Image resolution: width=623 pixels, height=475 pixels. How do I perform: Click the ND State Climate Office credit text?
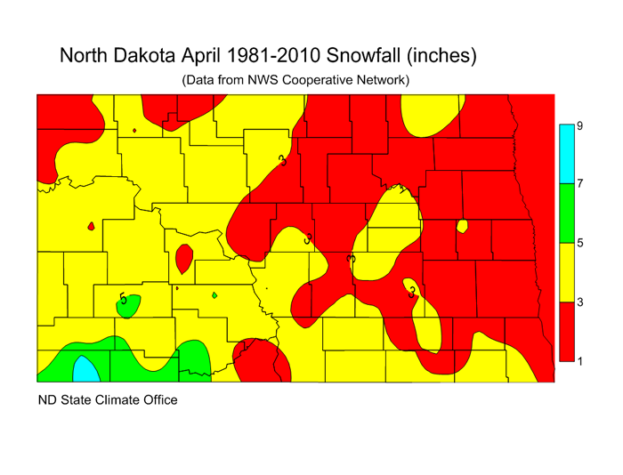(x=107, y=400)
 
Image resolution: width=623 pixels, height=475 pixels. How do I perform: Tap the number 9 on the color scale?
(x=579, y=126)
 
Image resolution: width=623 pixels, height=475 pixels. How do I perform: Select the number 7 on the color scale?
(x=579, y=183)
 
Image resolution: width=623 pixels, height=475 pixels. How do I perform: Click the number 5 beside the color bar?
(x=579, y=243)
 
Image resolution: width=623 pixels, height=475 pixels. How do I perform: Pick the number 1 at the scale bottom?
(x=579, y=361)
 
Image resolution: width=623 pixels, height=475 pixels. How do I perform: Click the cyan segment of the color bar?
(x=565, y=154)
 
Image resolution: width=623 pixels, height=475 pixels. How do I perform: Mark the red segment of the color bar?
(x=565, y=331)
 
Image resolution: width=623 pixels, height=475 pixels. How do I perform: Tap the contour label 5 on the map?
(x=123, y=299)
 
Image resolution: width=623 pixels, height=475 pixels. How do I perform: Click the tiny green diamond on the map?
(x=215, y=295)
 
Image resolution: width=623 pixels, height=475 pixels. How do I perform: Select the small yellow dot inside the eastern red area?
(x=462, y=226)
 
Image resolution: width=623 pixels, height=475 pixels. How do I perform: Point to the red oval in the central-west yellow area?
(x=184, y=259)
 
